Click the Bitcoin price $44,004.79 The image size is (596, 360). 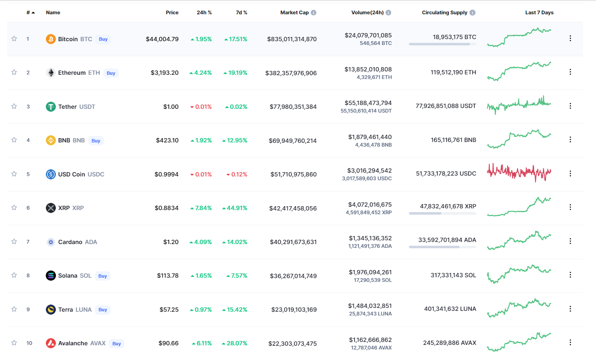click(162, 39)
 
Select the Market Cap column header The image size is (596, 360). click(294, 13)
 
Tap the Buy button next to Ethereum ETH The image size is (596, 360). click(111, 73)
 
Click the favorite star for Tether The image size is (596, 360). click(14, 106)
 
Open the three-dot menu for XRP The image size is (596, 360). click(570, 207)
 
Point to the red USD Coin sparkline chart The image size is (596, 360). click(519, 172)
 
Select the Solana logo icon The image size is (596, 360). click(51, 276)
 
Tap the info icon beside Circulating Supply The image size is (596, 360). click(472, 13)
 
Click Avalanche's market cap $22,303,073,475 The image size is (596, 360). click(293, 344)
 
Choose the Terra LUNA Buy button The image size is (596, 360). click(103, 310)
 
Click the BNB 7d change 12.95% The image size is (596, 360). click(235, 140)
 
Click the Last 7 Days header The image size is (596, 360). click(539, 13)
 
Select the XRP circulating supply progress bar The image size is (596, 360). click(442, 213)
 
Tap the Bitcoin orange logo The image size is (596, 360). click(51, 39)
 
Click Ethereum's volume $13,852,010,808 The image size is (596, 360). click(368, 69)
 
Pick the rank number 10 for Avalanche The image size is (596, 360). click(29, 343)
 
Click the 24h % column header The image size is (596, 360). click(204, 13)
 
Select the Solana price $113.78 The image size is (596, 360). click(168, 276)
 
